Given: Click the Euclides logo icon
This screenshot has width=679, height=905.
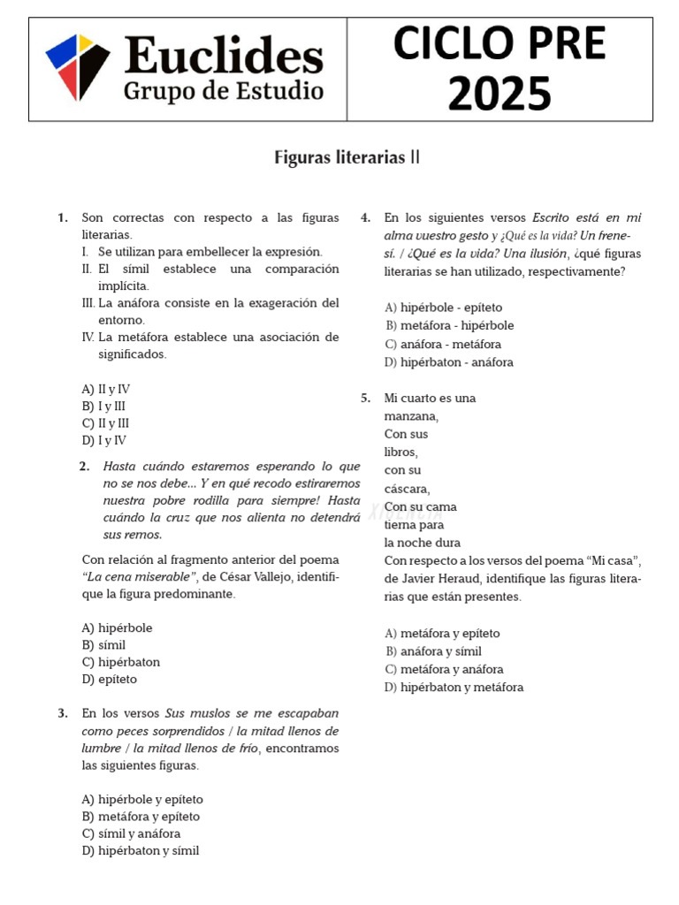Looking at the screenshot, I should coord(78,67).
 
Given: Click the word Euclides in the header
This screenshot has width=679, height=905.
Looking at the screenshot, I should coord(224,56).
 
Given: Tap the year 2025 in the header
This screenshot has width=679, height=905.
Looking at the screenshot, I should coord(500,93).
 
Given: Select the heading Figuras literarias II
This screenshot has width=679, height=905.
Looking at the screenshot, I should coord(347,158).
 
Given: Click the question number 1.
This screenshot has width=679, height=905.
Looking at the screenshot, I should coord(63,217).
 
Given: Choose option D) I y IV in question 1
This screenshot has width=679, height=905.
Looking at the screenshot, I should coord(104,440).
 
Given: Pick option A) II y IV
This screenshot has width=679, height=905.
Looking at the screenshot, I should coord(106,389).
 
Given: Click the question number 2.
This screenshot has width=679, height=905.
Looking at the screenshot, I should coord(84,467).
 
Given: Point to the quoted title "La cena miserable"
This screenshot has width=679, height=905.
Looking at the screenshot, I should coord(139,577).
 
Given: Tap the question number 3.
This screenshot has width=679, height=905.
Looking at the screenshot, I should coord(63,713).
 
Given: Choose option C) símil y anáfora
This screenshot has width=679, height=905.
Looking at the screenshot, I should coord(131,833).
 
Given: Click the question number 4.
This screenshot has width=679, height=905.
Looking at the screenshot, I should coord(365,217).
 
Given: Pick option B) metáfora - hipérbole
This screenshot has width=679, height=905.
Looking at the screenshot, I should coord(450,325).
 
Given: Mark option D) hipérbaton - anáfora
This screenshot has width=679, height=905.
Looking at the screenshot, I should coord(449,362).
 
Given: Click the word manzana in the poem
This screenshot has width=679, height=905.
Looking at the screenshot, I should coord(410,416).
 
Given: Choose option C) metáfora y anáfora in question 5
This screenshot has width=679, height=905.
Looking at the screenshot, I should coord(445,669).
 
